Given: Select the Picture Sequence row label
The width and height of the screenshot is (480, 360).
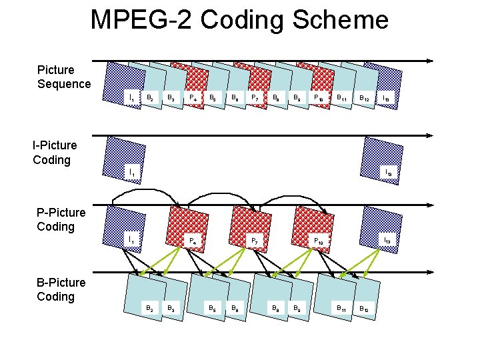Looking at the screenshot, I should [x=63, y=77].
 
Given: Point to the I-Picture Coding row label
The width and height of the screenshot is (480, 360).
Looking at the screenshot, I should [x=55, y=152].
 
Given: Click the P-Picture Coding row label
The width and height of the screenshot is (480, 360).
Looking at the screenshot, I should [x=61, y=219].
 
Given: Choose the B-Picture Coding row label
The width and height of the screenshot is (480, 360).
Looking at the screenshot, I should [x=61, y=289].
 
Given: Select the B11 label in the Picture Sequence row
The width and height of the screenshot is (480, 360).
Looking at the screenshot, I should [x=341, y=98].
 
